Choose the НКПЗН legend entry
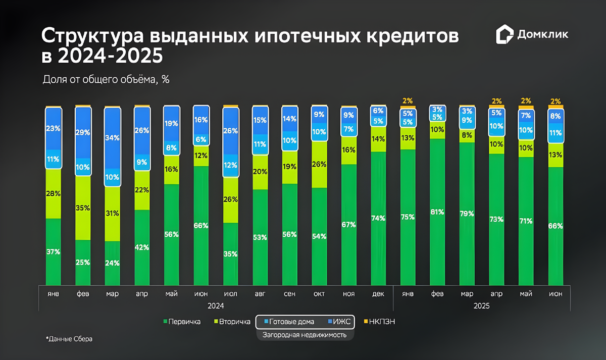379,321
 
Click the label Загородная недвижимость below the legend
305,335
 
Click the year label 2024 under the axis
216,306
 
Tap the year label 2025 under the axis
482,306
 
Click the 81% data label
437,212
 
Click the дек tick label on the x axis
378,294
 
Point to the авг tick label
260,294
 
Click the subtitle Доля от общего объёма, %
106,79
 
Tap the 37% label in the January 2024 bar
54,251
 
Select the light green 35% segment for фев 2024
83,208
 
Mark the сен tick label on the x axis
290,294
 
